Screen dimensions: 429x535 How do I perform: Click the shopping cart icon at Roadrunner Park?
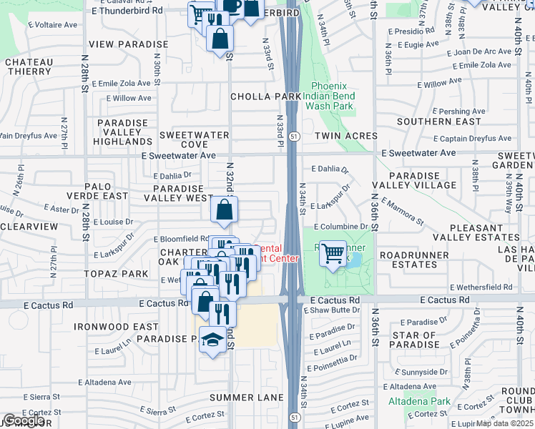pos(333,253)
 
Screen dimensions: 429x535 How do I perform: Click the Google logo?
pos(23,420)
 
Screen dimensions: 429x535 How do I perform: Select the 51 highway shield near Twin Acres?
pos(294,136)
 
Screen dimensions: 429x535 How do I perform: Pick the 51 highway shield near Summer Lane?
pos(294,416)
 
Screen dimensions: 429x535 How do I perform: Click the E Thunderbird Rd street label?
pos(128,11)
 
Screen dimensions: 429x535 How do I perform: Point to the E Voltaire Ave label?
pos(51,24)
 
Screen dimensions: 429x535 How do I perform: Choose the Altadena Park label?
pos(418,401)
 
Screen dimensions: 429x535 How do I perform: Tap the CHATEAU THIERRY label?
pos(29,66)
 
